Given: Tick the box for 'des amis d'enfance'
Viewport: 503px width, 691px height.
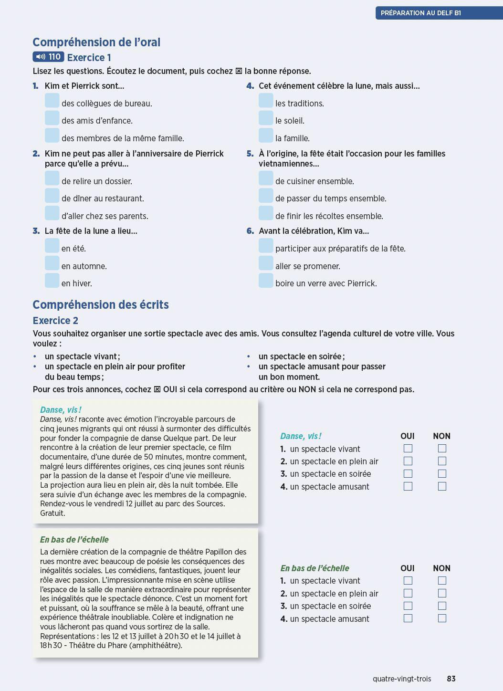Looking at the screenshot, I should [52, 118].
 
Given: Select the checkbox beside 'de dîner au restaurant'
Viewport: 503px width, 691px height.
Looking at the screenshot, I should [52, 196].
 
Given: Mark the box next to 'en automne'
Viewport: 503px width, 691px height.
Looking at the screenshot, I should [52, 263].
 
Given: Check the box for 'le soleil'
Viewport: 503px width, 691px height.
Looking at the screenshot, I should [266, 118].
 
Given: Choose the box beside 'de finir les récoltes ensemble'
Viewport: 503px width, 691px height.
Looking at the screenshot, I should [266, 213].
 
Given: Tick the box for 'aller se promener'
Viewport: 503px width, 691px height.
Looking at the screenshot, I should [266, 263].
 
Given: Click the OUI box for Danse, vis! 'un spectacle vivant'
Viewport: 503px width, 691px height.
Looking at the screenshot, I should [408, 449].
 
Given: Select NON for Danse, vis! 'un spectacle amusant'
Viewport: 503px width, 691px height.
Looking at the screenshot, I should [442, 486].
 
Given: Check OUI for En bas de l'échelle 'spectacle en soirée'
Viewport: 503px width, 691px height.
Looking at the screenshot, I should [408, 606].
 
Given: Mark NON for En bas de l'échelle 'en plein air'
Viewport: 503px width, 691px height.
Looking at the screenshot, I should [442, 593].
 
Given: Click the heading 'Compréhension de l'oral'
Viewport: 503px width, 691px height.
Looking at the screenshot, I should [96, 42].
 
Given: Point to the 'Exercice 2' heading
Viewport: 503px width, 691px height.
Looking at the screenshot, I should [55, 321].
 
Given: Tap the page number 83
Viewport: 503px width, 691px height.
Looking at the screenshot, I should [451, 679].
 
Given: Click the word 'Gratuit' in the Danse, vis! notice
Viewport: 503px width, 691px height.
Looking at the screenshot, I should [52, 513].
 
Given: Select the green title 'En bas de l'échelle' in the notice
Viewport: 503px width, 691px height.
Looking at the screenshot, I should [74, 540].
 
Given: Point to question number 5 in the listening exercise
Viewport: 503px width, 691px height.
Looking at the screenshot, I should [250, 154].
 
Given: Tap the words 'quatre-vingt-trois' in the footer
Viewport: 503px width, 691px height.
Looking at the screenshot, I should [402, 679].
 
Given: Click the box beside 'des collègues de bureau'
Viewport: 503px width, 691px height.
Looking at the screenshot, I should [52, 101].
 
